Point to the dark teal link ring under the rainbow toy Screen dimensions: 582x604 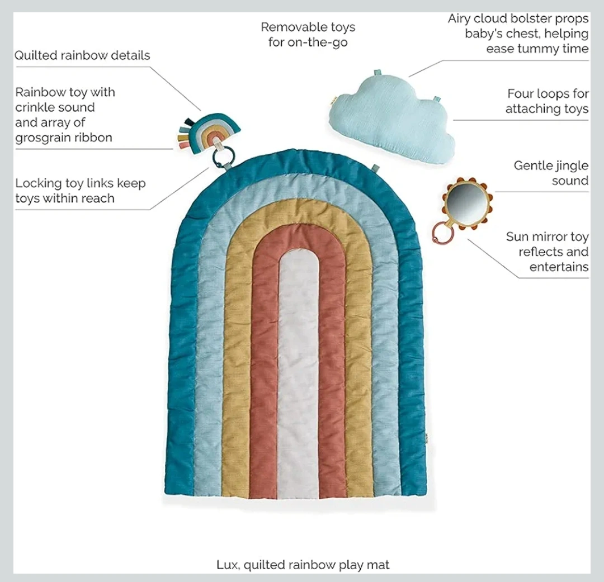[x=222, y=157]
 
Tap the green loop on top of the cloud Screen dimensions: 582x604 [x=378, y=74]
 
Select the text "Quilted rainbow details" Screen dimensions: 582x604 [x=82, y=55]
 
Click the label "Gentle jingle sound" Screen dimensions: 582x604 [x=551, y=173]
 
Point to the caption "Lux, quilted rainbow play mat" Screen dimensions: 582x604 [x=303, y=565]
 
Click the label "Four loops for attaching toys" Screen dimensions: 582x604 [x=547, y=101]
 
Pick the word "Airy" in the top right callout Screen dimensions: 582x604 [x=459, y=18]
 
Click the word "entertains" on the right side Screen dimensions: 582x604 [x=559, y=267]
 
